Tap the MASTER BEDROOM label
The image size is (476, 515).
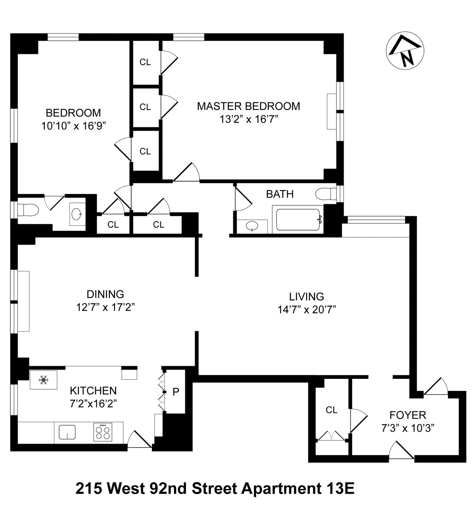pos(248,106)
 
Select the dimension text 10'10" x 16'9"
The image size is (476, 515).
pos(73,126)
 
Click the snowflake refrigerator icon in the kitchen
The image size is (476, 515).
pos(43,380)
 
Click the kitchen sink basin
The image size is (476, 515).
pos(67,432)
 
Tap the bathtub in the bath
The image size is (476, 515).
pos(298,219)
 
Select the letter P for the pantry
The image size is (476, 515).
pos(176,392)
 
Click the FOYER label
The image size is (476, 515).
pos(407,415)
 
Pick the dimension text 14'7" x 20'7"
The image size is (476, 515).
pos(307,309)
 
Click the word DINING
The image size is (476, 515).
pos(105,294)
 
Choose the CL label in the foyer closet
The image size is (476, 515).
pos(332,410)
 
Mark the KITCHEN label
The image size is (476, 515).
pos(93,391)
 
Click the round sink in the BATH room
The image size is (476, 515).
pos(251,227)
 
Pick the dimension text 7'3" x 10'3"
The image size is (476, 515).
pos(407,428)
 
